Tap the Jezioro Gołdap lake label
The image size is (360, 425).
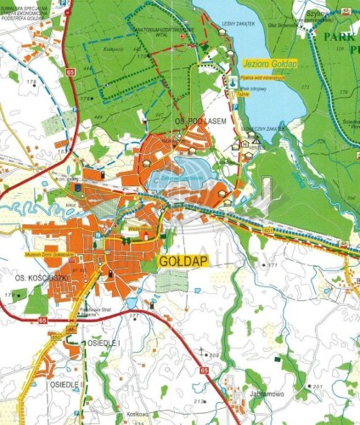click(266, 65)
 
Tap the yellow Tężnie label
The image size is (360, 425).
click(244, 95)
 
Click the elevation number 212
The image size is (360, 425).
click(200, 399)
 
